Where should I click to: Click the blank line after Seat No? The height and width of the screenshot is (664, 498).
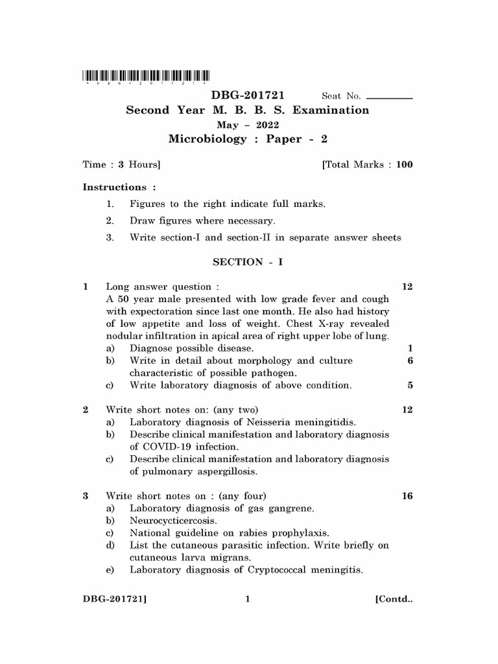(389, 97)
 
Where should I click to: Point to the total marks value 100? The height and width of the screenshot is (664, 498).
(404, 165)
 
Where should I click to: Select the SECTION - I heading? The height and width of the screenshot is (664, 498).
(248, 262)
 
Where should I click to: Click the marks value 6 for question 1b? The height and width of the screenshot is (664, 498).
(410, 361)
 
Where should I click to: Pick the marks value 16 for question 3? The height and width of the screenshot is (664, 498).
(407, 496)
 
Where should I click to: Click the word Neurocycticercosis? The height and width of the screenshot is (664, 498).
(173, 521)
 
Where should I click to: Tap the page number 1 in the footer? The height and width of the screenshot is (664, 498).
(248, 600)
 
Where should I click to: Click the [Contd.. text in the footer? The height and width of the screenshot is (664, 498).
(394, 600)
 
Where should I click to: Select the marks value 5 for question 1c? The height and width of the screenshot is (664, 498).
(410, 385)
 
